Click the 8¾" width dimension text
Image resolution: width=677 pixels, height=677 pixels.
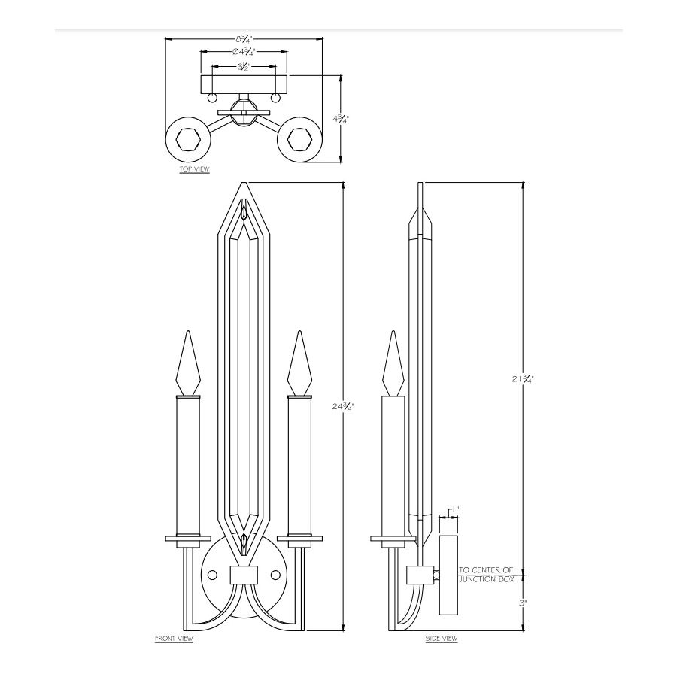click(244, 39)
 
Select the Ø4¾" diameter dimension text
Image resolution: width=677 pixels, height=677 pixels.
click(244, 52)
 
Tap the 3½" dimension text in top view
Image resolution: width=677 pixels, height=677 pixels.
click(244, 67)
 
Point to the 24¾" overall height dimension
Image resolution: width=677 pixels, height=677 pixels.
click(343, 406)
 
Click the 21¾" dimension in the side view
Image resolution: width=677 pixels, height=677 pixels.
click(523, 378)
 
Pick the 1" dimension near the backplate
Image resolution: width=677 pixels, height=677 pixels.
click(455, 509)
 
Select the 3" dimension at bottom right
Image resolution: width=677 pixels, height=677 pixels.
click(523, 603)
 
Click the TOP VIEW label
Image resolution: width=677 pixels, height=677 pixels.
click(194, 169)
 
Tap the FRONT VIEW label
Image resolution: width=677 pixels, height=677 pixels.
click(174, 639)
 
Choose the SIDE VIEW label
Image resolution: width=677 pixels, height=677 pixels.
click(442, 639)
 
